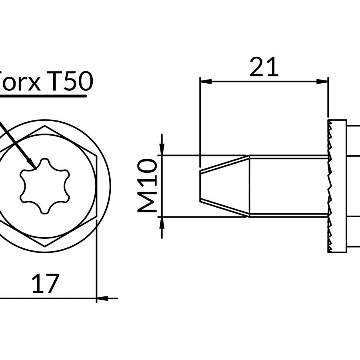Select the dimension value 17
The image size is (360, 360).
[x=45, y=284]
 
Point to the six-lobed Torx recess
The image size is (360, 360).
[x=45, y=185]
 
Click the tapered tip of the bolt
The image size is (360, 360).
[x=224, y=186]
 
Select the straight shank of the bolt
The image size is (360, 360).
[x=288, y=186]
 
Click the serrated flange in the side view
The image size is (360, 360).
[x=337, y=186]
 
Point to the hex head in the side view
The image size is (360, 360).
[x=354, y=186]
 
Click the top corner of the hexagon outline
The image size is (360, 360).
[x=44, y=126]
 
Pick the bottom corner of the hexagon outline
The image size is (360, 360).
[x=45, y=246]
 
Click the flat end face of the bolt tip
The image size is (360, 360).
[x=200, y=186]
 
